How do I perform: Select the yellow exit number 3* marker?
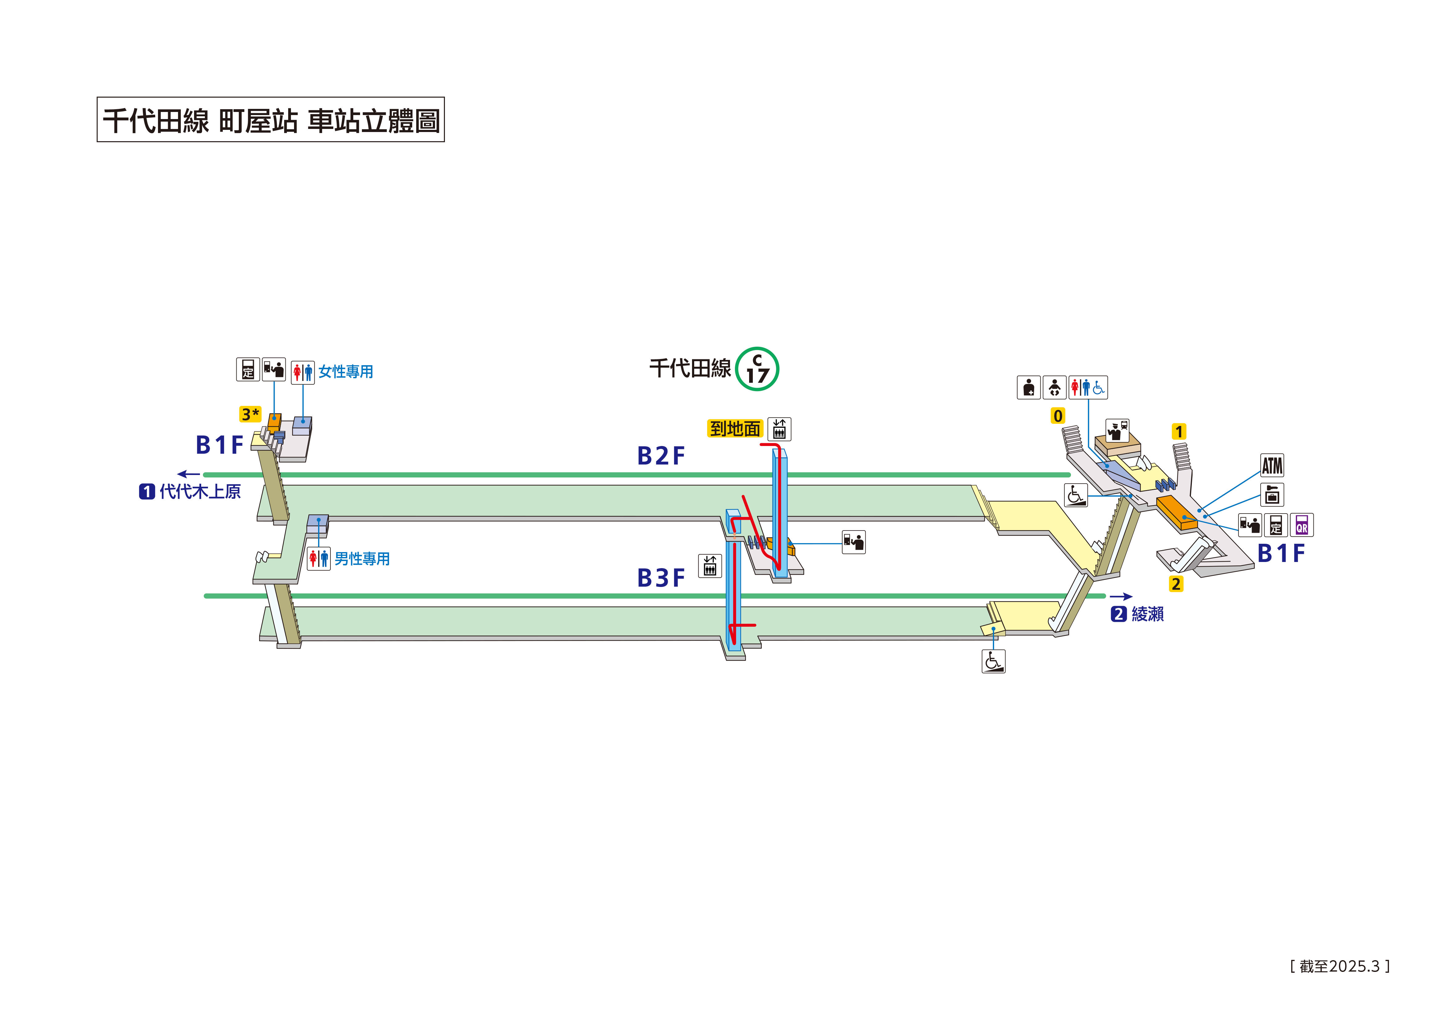coord(250,414)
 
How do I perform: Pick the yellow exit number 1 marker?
coord(1179,432)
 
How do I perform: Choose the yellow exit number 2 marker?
coord(1176,584)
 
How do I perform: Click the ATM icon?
coord(1272,466)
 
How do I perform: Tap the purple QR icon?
coord(1302,525)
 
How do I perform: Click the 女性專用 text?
coord(346,371)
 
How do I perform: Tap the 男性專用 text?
coord(362,559)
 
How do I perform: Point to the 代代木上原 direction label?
coord(200,491)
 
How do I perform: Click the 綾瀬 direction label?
coord(1148,614)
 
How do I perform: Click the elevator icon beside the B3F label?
coord(710,566)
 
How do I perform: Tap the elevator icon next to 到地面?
coord(779,429)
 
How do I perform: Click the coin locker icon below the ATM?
coord(1272,495)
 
